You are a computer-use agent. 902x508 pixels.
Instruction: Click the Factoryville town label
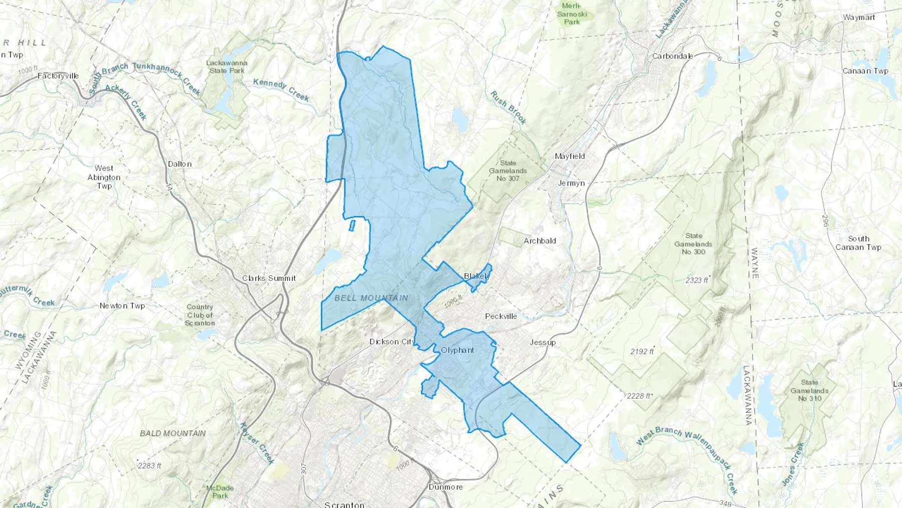tap(58, 76)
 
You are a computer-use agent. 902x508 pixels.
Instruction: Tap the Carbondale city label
tap(672, 56)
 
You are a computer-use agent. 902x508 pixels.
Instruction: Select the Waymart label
tap(859, 17)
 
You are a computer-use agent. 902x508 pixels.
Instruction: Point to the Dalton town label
tap(179, 164)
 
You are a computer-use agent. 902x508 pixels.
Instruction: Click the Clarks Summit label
tap(269, 278)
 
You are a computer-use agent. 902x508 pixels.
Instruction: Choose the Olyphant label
tap(457, 350)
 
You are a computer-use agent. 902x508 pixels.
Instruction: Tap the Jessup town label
tap(543, 343)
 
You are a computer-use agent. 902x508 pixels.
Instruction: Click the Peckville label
tap(501, 316)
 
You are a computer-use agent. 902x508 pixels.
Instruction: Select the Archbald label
tap(540, 241)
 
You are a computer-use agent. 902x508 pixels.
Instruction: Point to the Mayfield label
tap(570, 156)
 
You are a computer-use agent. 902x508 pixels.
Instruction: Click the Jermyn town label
tap(571, 183)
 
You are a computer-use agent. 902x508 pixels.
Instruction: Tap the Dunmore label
tap(445, 487)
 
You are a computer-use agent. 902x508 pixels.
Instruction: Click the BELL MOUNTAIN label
tap(371, 298)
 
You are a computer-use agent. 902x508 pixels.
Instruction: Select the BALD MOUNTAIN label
tap(173, 433)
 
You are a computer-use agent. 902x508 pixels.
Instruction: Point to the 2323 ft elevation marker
tap(697, 280)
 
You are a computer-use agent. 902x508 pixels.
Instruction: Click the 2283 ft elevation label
tap(149, 465)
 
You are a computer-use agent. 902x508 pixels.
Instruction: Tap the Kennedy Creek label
tap(281, 89)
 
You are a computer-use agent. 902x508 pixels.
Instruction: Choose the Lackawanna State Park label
tap(227, 67)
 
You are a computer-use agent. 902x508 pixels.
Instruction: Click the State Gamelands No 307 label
tap(508, 171)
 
